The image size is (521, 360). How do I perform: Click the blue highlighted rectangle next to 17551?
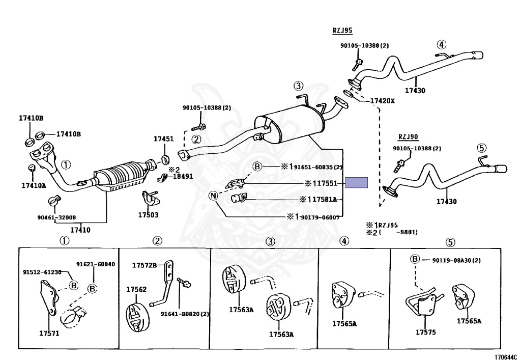(356, 183)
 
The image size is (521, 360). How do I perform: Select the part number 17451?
(164, 139)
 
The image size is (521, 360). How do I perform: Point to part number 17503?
(148, 215)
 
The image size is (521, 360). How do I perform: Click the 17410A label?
(34, 185)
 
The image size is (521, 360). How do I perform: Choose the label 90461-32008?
(56, 217)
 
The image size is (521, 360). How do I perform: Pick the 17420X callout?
(382, 101)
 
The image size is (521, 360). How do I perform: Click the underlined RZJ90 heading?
(408, 136)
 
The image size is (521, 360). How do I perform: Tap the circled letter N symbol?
(213, 196)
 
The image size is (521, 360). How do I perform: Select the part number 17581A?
(325, 200)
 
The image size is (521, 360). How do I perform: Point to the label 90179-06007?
(320, 217)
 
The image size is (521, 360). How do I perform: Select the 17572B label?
(144, 265)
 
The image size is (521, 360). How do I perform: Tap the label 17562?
(136, 289)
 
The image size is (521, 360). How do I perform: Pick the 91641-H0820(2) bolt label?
(185, 314)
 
